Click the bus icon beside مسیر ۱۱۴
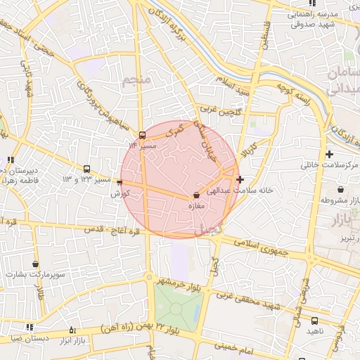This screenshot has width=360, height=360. pyautogui.click(x=143, y=134)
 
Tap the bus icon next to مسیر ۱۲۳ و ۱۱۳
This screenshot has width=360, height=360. pyautogui.click(x=86, y=169)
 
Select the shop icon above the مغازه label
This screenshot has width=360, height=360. pyautogui.click(x=196, y=195)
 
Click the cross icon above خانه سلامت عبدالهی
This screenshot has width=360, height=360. pyautogui.click(x=240, y=179)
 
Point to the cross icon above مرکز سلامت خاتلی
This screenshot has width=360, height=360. pyautogui.click(x=329, y=154)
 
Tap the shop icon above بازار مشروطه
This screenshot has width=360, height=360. pyautogui.click(x=341, y=189)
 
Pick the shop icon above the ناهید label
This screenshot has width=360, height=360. pyautogui.click(x=314, y=321)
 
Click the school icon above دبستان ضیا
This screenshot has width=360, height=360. pyautogui.click(x=30, y=327)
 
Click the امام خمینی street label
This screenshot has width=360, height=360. pyautogui.click(x=233, y=346)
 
